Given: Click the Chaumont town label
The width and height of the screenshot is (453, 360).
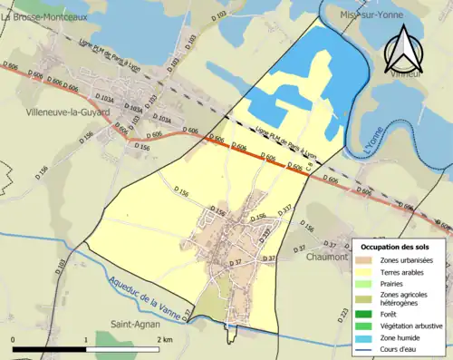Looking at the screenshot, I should tap(328, 257).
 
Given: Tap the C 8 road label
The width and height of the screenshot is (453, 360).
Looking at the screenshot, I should tap(309, 167).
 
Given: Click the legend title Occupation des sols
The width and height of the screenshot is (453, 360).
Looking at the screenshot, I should tap(395, 247).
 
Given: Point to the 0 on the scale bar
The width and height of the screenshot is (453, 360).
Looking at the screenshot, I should tap(14, 339).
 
